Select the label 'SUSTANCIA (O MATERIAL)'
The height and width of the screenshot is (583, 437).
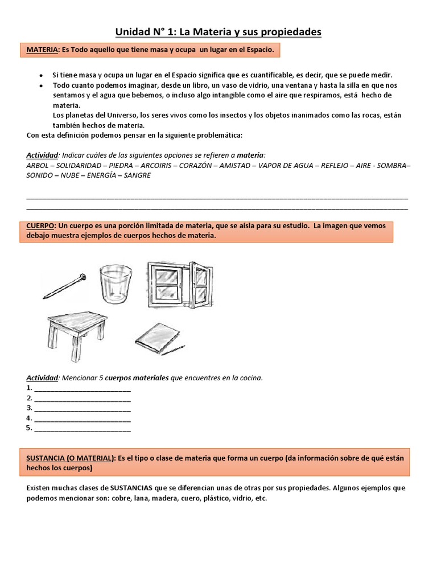71,458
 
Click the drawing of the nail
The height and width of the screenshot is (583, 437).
64,285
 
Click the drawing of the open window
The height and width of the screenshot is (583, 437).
178,284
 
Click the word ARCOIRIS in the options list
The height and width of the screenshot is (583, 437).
155,165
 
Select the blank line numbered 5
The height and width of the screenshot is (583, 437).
83,429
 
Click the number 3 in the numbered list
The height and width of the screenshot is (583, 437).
28,408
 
